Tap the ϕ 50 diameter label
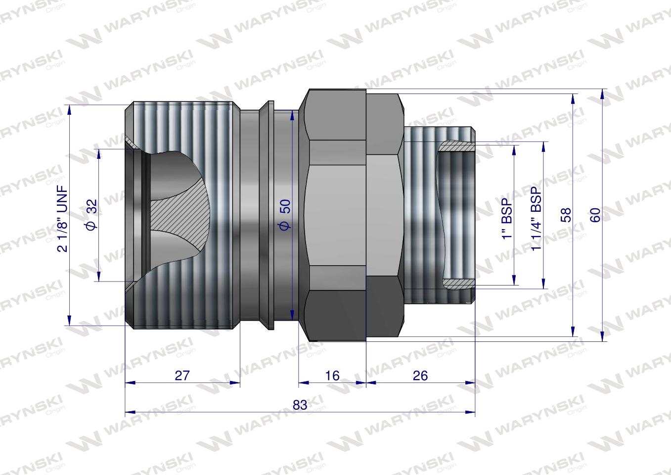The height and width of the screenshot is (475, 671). coord(285,215)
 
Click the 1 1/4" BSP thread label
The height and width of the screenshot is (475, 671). coord(537,215)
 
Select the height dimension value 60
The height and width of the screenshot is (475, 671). coord(595,214)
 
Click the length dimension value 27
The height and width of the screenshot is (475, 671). coord(182,376)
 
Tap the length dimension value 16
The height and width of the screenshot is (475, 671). coord(332,376)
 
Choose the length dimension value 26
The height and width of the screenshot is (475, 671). coord(420,376)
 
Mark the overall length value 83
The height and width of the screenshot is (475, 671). coord(300,405)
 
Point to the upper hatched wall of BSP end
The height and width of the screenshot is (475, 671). coord(457,146)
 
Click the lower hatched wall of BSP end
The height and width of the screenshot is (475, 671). coord(457,284)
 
